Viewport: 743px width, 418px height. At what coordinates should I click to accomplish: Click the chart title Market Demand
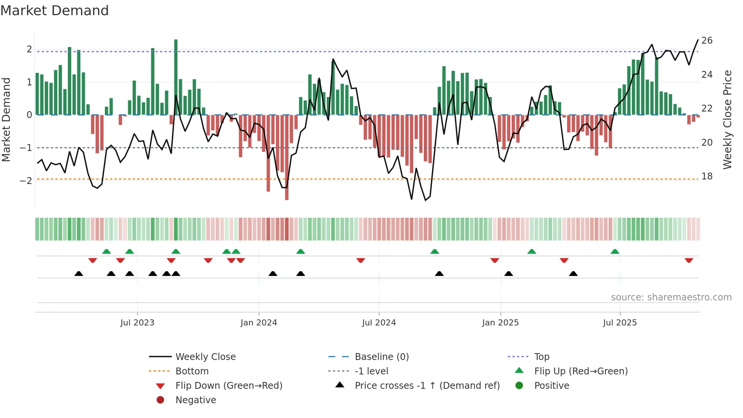[55, 11]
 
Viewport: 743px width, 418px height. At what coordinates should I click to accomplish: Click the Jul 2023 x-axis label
[137, 323]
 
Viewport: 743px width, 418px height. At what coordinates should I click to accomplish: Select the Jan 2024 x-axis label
[259, 323]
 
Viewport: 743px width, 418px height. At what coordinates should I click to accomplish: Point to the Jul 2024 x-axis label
[379, 323]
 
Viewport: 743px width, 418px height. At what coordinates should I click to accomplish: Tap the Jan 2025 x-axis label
[500, 323]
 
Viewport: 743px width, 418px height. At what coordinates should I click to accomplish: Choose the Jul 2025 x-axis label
[620, 323]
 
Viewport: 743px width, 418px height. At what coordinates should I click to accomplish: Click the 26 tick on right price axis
[707, 41]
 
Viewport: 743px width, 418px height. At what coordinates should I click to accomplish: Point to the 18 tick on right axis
[707, 176]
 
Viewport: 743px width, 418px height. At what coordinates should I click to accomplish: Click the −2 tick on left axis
[26, 181]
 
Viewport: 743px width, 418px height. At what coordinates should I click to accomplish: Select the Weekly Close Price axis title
[727, 119]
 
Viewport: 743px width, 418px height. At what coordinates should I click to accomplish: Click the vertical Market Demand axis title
[6, 119]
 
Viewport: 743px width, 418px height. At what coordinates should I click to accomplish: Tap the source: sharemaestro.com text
[671, 297]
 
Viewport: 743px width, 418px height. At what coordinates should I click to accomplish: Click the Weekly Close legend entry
[205, 357]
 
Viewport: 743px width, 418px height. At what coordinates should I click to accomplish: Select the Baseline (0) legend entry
[381, 357]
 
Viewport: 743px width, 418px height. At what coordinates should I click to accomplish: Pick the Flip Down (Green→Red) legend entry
[229, 386]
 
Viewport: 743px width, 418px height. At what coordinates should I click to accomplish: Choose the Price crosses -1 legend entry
[427, 386]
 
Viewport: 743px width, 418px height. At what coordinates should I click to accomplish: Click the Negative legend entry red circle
[160, 400]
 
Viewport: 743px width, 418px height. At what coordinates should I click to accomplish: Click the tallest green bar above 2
[176, 76]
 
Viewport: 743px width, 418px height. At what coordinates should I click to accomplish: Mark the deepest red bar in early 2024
[287, 157]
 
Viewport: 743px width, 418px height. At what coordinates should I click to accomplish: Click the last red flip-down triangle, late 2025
[689, 260]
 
